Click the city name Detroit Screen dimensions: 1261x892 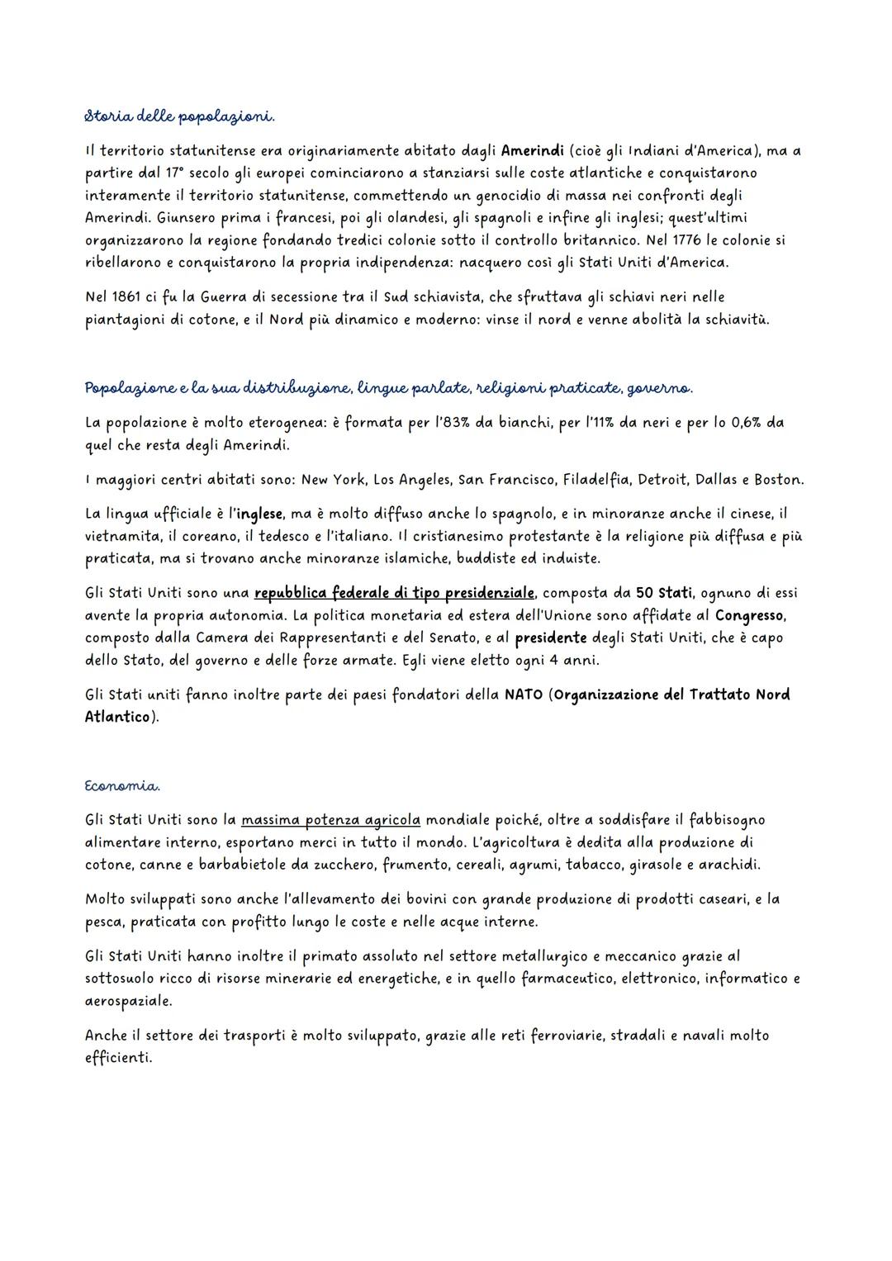coord(663,480)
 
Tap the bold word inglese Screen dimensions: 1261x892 coord(259,514)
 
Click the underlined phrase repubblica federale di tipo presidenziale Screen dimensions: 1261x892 coord(395,593)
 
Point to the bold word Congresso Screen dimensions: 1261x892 coord(749,615)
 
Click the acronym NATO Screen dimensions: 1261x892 coord(523,694)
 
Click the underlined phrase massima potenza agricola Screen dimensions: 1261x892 coord(331,820)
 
